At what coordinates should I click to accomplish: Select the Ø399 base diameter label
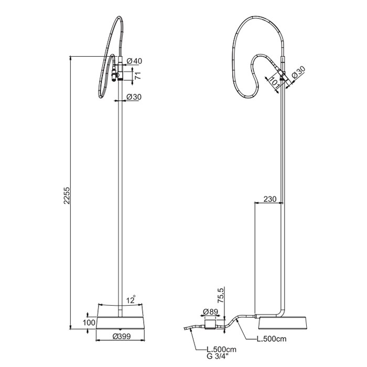pos(122,337)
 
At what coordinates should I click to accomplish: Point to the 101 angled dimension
pos(272,81)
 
